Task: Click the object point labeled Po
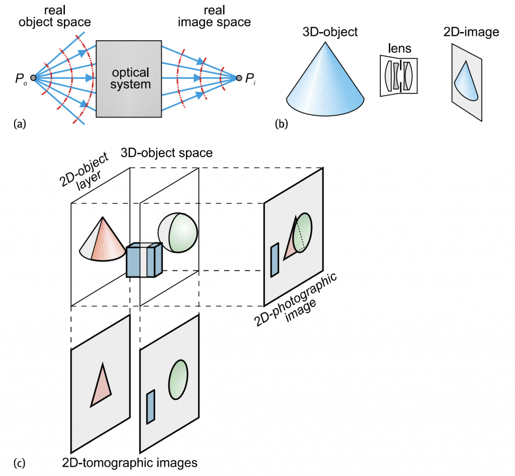click(33, 78)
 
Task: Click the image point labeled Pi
click(239, 78)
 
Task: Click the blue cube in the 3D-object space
click(144, 261)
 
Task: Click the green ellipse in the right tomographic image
click(178, 379)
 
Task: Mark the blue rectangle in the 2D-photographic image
click(274, 260)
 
